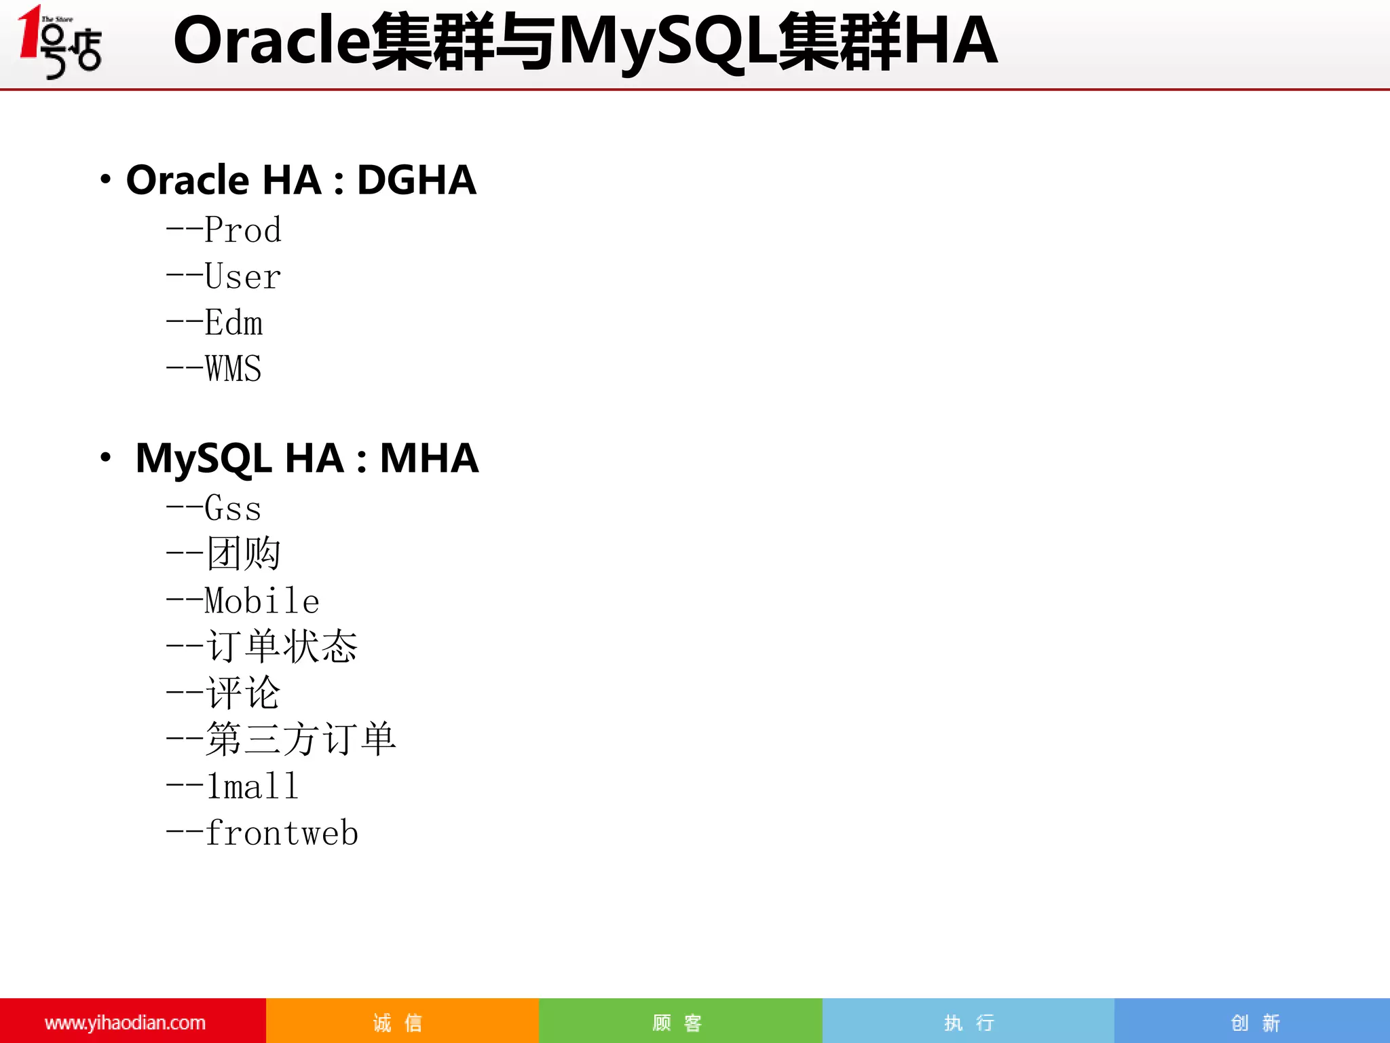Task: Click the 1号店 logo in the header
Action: click(60, 42)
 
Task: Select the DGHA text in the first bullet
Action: click(416, 180)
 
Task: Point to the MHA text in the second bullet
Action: click(429, 458)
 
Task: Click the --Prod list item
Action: click(223, 230)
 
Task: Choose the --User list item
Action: click(223, 276)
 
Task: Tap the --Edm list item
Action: click(214, 323)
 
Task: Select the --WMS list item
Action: click(214, 369)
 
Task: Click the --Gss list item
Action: click(214, 508)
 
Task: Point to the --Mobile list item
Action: click(242, 600)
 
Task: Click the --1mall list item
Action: click(232, 786)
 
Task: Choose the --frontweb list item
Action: click(262, 832)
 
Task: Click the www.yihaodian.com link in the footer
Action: click(125, 1022)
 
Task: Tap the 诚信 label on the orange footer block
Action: click(398, 1022)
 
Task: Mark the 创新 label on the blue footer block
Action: click(1256, 1022)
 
